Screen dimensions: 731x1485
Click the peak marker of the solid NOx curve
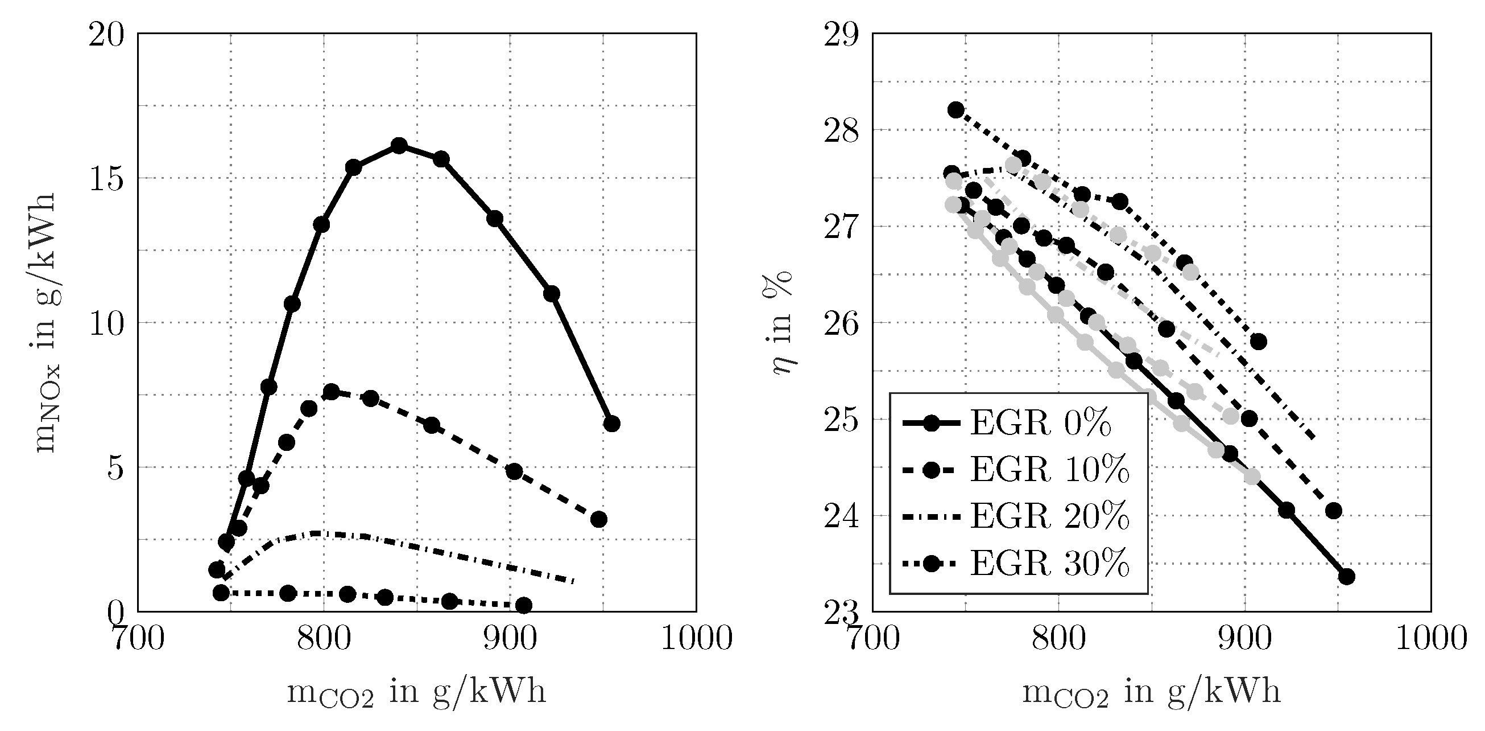pos(399,145)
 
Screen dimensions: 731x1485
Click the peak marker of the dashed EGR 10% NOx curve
pos(332,392)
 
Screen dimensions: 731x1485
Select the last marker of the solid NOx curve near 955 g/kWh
pos(611,424)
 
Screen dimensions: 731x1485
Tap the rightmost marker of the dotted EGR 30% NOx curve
pos(523,605)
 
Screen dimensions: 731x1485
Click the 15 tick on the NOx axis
pos(107,179)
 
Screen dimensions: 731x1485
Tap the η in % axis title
pos(782,323)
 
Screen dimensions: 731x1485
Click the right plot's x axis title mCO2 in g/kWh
pos(1151,692)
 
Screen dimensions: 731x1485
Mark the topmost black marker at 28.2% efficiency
pos(956,110)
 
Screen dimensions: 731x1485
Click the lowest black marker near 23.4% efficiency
pos(1346,576)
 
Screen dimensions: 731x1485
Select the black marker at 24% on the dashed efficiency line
pos(1333,510)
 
